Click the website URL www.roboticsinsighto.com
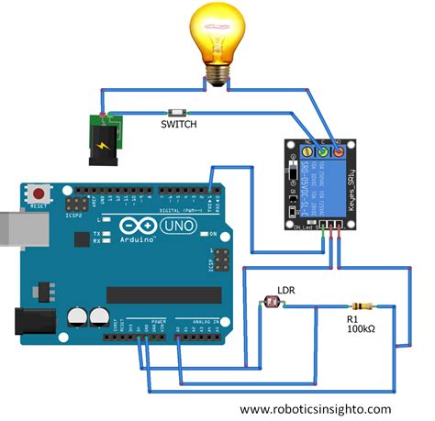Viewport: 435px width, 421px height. (316, 409)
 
